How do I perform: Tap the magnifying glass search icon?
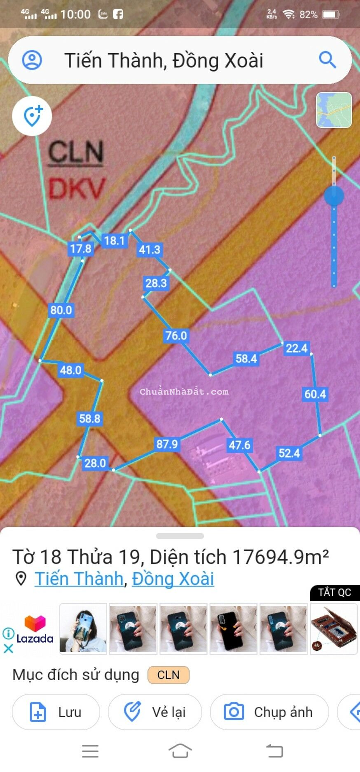coord(327,60)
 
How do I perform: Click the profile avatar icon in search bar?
coord(32,60)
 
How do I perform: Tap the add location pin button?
coord(32,116)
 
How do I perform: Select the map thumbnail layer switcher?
coord(334,110)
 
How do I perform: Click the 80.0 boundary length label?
coord(61,310)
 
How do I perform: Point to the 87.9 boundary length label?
coord(167,444)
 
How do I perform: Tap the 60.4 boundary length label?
coord(315,394)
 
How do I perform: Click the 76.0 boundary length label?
coord(176,336)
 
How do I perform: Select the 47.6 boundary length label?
coord(240,445)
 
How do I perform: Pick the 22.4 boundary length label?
coord(297,348)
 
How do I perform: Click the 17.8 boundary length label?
coord(81,248)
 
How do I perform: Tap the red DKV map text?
coord(77,189)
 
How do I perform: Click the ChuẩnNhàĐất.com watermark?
coord(184,392)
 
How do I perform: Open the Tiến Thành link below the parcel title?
coord(79,579)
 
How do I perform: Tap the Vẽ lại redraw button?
coord(155,712)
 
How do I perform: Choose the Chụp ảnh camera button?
coord(269,712)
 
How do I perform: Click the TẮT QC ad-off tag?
coord(334,592)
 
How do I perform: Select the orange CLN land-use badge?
coord(168,675)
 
